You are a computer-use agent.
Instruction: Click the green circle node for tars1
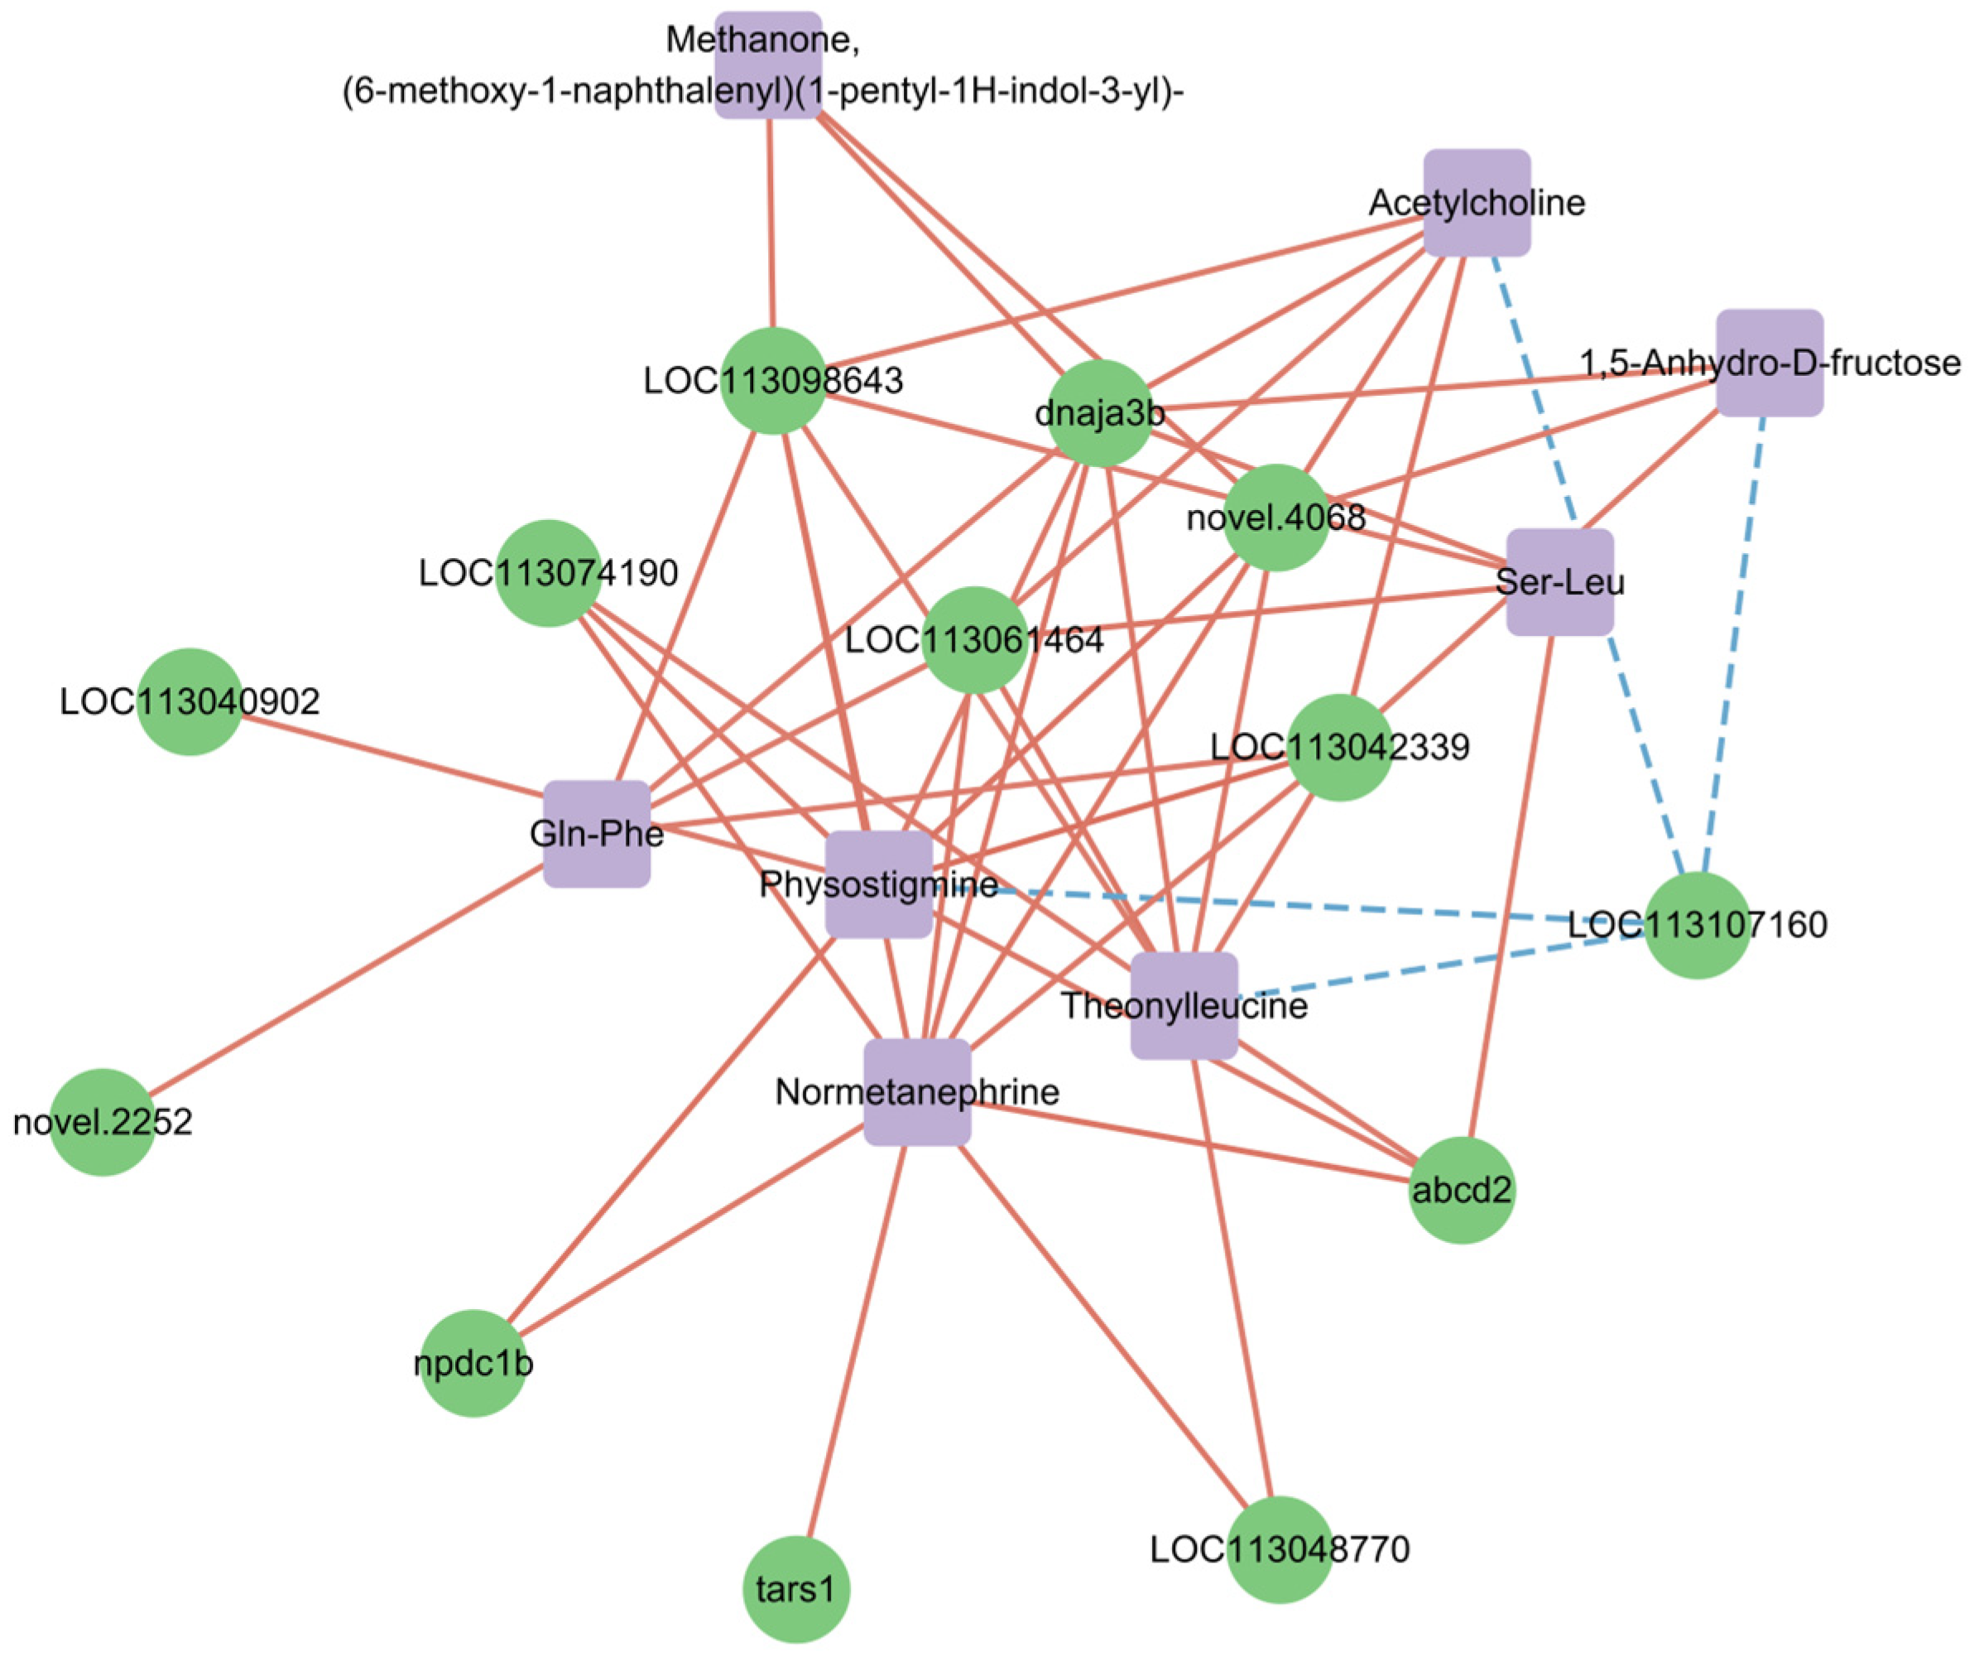796,1590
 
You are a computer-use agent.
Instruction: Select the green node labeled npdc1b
473,1363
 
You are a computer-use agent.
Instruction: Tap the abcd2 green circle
1461,1190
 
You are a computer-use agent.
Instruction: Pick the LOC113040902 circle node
190,701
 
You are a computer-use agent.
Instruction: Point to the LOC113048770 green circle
1280,1549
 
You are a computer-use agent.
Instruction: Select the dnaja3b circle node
1099,413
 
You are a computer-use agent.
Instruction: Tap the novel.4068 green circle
1276,517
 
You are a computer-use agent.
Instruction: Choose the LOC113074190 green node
549,572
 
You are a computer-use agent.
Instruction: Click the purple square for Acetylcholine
1476,202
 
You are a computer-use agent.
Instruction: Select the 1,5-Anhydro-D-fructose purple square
1769,363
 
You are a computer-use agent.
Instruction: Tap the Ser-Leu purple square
1560,582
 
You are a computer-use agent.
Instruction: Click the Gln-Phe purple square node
597,833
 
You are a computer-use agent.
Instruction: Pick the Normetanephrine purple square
917,1092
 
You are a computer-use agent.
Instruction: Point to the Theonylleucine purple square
1184,1006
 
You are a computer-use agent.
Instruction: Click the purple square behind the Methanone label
768,65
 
